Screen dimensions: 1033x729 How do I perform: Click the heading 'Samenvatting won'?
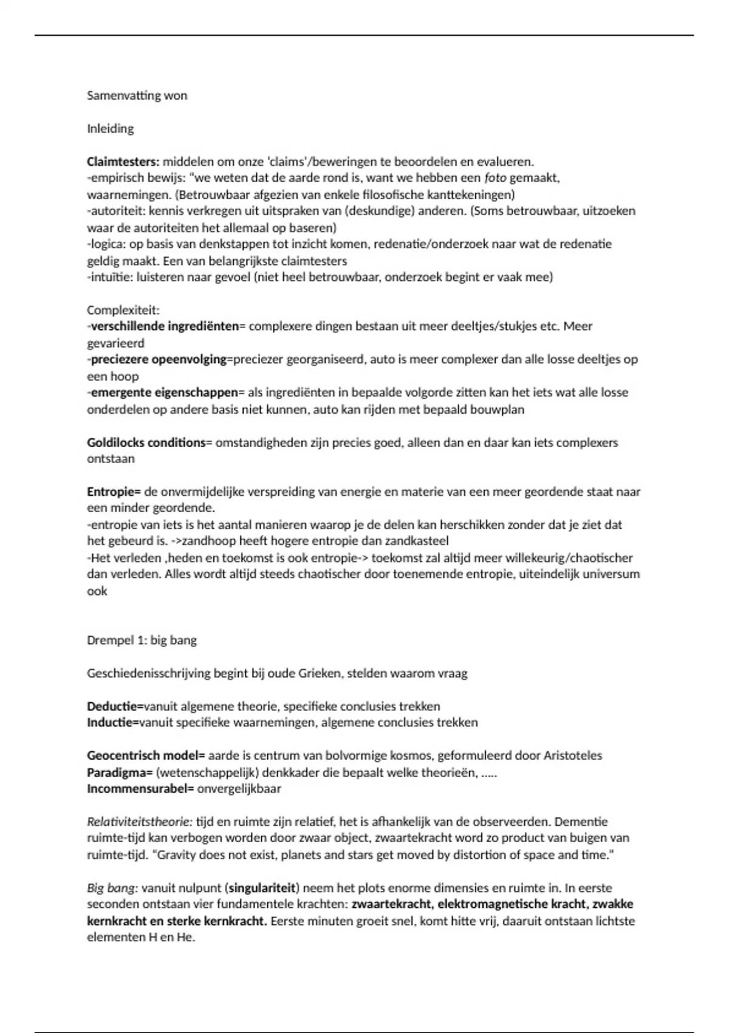coord(137,95)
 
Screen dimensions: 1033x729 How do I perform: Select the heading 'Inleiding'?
coord(110,128)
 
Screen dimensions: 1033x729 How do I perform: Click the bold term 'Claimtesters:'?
coord(123,162)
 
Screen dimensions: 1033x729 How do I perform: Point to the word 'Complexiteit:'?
coord(123,310)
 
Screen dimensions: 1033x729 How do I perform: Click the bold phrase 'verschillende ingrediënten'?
coord(165,326)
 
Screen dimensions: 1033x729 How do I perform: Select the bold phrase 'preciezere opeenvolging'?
coord(159,359)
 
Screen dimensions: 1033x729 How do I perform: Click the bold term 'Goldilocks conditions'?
coord(146,442)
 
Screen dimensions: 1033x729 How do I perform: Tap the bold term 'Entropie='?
coord(114,492)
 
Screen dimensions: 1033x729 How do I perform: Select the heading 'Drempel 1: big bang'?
coord(142,640)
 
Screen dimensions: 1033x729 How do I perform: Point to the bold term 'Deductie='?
coord(115,706)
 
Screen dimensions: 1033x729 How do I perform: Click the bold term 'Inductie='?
coord(113,722)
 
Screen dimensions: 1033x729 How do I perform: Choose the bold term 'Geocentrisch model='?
coord(146,756)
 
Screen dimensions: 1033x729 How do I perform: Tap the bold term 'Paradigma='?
coord(120,773)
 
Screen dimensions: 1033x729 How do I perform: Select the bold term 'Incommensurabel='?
coord(140,789)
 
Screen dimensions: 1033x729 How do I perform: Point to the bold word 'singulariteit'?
coord(263,888)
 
